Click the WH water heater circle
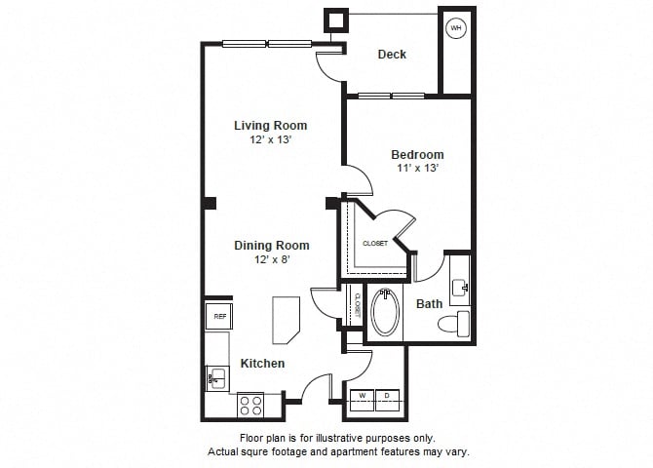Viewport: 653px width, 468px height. pos(455,28)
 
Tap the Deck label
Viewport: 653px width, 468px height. pos(392,55)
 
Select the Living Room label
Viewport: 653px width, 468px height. pos(270,125)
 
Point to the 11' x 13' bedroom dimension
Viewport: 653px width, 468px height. pos(417,169)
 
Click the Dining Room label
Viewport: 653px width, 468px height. pos(271,246)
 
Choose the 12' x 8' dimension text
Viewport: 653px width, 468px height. pos(271,260)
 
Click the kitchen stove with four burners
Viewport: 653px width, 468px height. pos(250,404)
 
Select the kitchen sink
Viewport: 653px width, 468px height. pos(216,377)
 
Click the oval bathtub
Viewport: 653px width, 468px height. pos(386,311)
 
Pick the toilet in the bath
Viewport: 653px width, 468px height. pos(455,323)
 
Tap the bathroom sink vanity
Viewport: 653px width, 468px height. pos(460,284)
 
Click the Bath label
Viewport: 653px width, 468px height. pos(429,304)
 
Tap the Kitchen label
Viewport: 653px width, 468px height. pos(262,364)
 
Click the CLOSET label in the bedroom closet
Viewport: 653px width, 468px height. pos(375,243)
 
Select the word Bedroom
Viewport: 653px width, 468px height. pos(417,154)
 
